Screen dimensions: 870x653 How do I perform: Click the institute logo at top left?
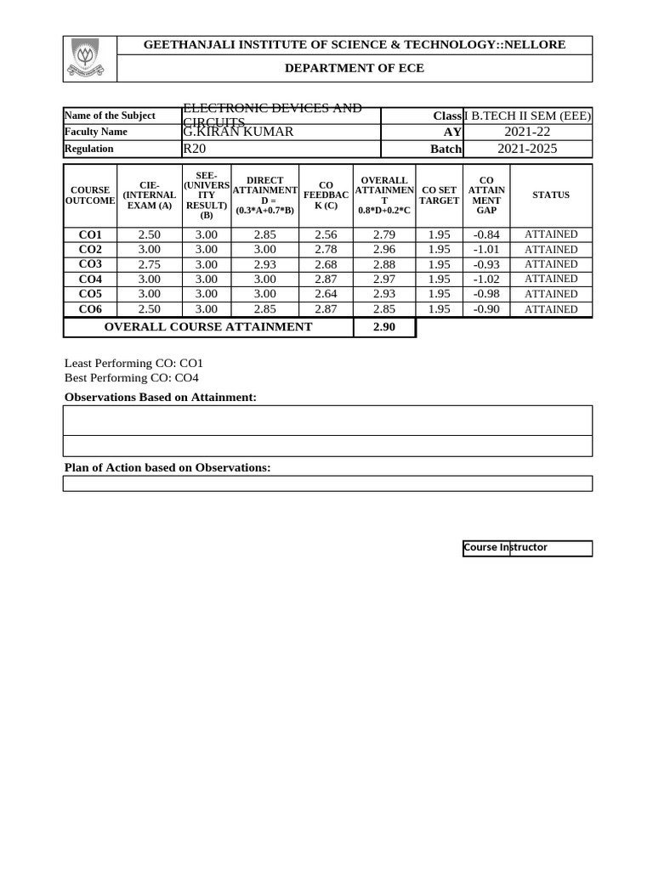(89, 59)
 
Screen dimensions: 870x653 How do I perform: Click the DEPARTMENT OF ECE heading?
(354, 68)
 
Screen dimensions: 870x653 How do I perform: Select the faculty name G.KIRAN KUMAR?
(238, 132)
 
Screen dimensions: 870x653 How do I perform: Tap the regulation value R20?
(194, 149)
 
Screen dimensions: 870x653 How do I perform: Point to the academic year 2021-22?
(527, 132)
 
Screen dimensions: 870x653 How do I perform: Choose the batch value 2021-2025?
(527, 149)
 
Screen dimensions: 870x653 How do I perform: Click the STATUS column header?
(551, 195)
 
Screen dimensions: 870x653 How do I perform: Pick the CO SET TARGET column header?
(439, 195)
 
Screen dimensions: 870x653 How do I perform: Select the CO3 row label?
(90, 264)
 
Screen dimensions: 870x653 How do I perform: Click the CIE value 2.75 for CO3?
(149, 264)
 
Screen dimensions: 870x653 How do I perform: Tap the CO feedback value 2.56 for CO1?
(326, 234)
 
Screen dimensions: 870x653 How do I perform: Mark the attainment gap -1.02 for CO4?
(486, 279)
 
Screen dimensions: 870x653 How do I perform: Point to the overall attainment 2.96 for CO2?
(384, 250)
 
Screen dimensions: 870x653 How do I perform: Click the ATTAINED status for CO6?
(551, 309)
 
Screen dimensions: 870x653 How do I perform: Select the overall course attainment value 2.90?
(384, 327)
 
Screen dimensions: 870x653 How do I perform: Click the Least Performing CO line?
(134, 363)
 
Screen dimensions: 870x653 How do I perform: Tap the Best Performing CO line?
(132, 378)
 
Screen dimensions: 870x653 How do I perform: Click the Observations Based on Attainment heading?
(161, 398)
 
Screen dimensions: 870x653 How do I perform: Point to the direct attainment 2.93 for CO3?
(264, 264)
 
